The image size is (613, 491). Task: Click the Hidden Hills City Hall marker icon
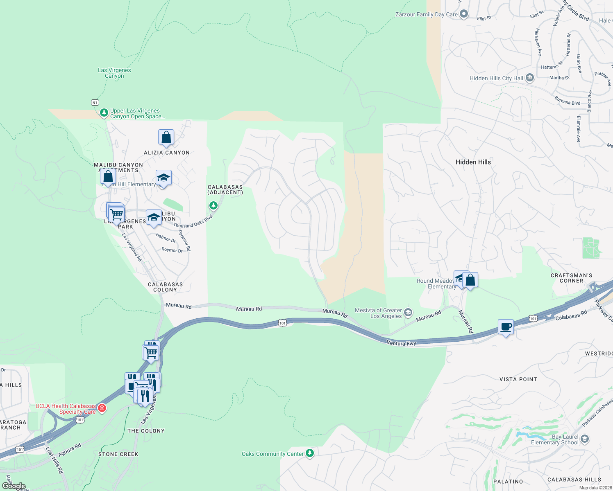pyautogui.click(x=529, y=78)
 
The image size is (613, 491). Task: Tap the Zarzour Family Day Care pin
pyautogui.click(x=464, y=14)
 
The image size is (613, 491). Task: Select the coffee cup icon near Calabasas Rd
pyautogui.click(x=506, y=327)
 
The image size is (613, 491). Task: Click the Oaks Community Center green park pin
pyautogui.click(x=310, y=453)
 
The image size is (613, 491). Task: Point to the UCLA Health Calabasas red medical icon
pyautogui.click(x=102, y=408)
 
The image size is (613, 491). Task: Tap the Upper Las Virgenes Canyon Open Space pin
pyautogui.click(x=104, y=113)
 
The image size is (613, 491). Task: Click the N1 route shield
pyautogui.click(x=95, y=103)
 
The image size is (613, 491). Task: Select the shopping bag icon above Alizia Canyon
pyautogui.click(x=166, y=137)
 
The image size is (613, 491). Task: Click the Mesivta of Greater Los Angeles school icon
pyautogui.click(x=408, y=313)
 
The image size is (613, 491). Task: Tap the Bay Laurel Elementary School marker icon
pyautogui.click(x=585, y=439)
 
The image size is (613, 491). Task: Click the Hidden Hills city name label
pyautogui.click(x=473, y=162)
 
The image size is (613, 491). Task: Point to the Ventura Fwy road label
pyautogui.click(x=401, y=343)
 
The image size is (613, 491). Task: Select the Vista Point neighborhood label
pyautogui.click(x=518, y=379)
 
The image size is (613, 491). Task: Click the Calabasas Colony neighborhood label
pyautogui.click(x=165, y=287)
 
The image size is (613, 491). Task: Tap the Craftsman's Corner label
pyautogui.click(x=571, y=278)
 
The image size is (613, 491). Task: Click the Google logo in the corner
pyautogui.click(x=14, y=486)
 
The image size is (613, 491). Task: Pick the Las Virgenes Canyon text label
pyautogui.click(x=114, y=73)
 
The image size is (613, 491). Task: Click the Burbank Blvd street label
pyautogui.click(x=567, y=101)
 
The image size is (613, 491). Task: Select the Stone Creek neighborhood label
pyautogui.click(x=118, y=454)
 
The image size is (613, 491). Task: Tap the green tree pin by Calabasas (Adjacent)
pyautogui.click(x=213, y=205)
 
